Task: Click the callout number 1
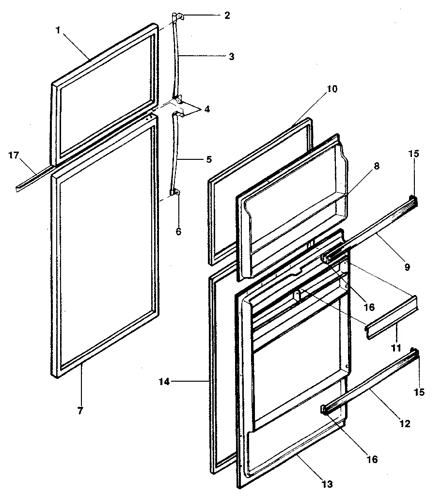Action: click(58, 30)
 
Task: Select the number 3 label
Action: click(231, 56)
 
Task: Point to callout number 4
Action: click(207, 109)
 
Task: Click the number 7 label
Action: click(80, 410)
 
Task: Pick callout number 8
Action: click(377, 166)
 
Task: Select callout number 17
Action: click(15, 155)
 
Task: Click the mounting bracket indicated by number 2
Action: click(178, 17)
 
